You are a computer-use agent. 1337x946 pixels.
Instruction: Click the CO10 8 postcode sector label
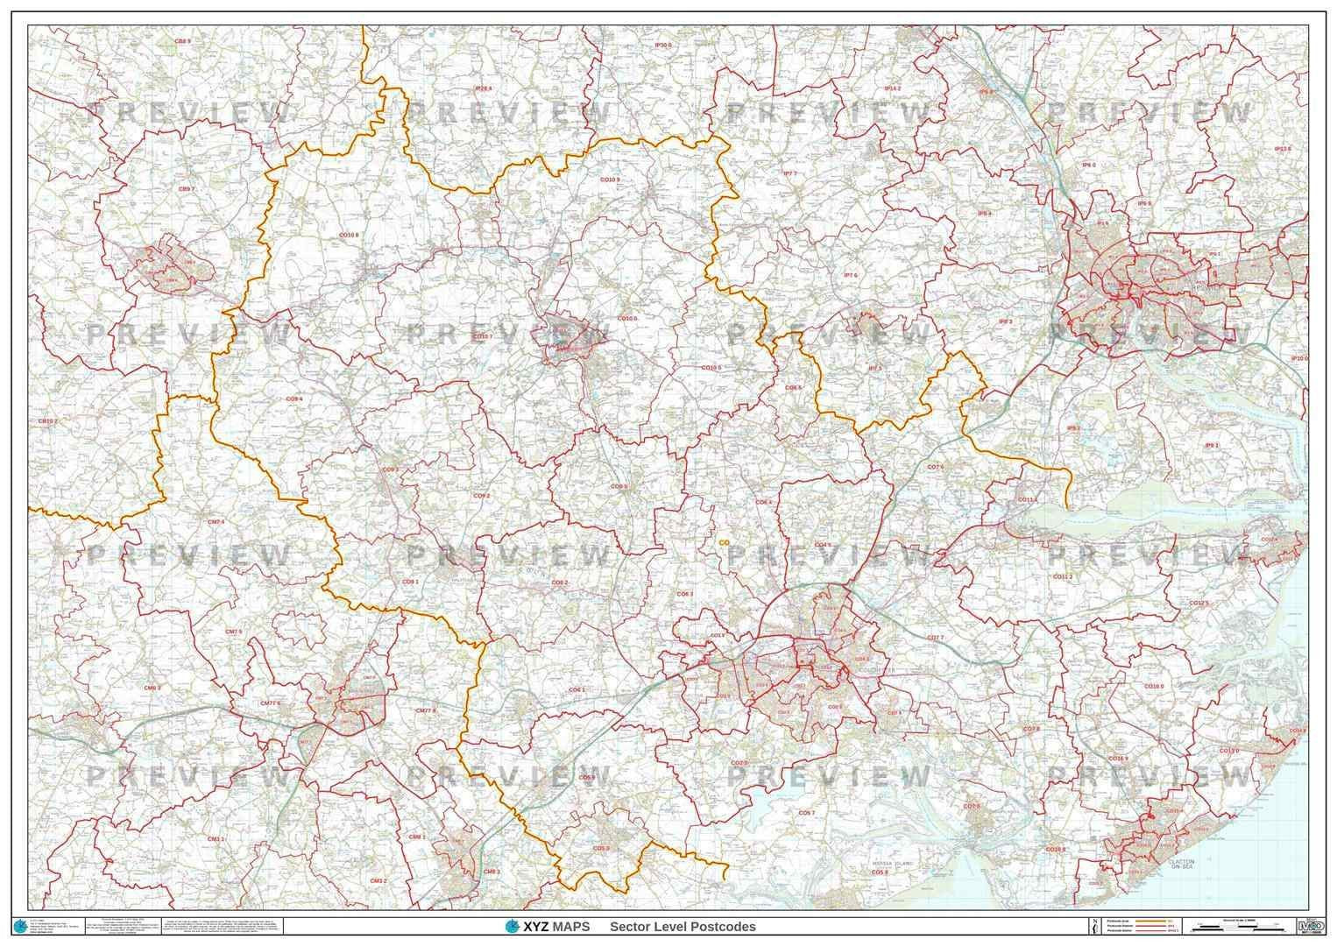point(349,235)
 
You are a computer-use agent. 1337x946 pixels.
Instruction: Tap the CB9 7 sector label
point(186,188)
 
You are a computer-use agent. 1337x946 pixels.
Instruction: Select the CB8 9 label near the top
point(182,41)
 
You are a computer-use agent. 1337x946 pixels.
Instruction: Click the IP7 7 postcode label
point(789,173)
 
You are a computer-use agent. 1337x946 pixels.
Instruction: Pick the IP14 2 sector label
point(892,88)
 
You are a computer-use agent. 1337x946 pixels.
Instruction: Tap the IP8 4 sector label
point(984,213)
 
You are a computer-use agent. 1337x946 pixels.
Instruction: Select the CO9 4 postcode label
point(294,399)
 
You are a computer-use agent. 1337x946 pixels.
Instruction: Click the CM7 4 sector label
point(216,522)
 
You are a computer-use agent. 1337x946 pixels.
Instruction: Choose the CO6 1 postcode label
point(577,689)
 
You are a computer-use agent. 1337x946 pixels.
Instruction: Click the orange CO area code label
point(724,542)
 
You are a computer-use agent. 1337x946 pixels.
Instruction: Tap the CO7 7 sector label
point(935,637)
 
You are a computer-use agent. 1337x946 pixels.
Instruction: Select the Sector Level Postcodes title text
point(683,927)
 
